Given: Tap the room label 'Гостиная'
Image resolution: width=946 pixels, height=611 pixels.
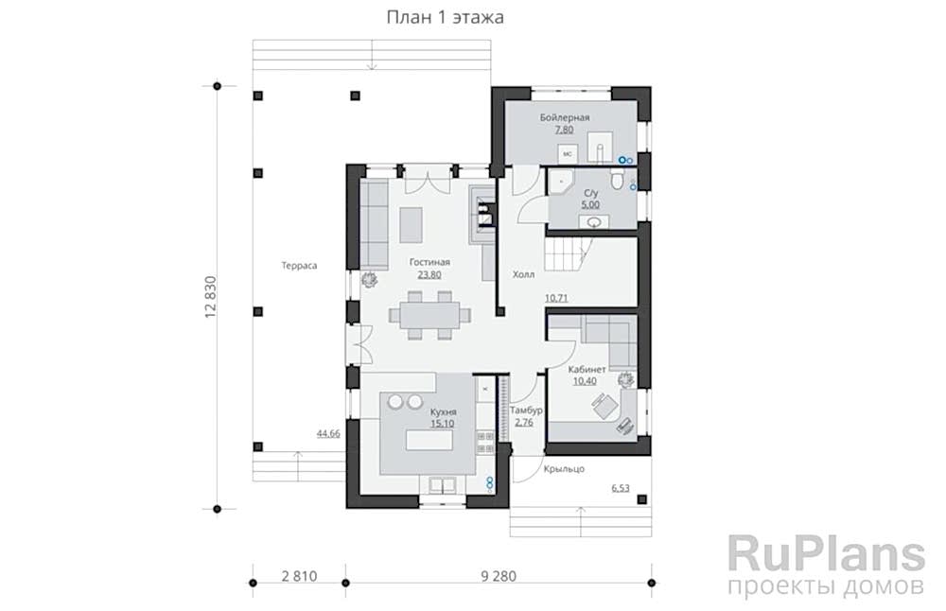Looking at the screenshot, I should (x=429, y=262).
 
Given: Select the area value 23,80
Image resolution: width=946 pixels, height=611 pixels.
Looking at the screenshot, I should (x=429, y=274).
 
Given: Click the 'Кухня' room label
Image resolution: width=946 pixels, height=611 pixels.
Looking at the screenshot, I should (x=444, y=412).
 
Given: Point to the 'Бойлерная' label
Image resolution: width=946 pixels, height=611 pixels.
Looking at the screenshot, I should (x=565, y=117).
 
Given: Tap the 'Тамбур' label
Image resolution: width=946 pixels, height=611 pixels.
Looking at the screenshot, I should (x=525, y=410).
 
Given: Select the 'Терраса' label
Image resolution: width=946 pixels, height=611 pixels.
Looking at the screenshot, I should (x=298, y=266).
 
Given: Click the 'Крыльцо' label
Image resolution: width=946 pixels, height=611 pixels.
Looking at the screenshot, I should (x=564, y=469).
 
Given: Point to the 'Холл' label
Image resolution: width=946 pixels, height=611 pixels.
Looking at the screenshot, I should (x=523, y=275).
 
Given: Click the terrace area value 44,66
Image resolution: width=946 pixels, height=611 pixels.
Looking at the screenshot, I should (x=328, y=433).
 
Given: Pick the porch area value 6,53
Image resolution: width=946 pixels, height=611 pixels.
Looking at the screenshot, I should (x=621, y=488).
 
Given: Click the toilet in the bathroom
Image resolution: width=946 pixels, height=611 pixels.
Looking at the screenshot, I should (x=615, y=181).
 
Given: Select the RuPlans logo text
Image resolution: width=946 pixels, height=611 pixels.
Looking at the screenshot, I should (x=826, y=553).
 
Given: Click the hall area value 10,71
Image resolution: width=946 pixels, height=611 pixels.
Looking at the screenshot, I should (x=555, y=298).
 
